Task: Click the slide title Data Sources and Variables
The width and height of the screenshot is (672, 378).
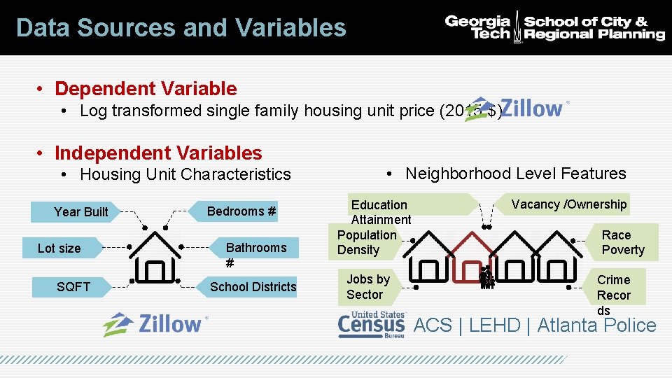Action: [x=181, y=28]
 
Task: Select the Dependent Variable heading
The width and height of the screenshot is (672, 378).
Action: [x=146, y=89]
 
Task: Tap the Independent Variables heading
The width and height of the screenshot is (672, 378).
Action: [x=158, y=153]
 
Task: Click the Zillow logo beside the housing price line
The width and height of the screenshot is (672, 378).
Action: [x=518, y=109]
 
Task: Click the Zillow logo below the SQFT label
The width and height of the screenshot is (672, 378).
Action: [x=155, y=324]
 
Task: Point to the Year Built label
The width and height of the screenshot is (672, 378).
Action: [x=81, y=212]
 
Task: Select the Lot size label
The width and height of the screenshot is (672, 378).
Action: [x=59, y=248]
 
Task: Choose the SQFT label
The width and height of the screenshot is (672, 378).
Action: [x=73, y=286]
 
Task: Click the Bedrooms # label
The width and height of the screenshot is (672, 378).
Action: [x=241, y=211]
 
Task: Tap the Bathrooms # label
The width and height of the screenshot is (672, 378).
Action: [x=255, y=254]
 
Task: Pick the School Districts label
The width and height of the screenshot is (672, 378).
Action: [x=253, y=287]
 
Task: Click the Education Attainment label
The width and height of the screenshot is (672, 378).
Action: [x=379, y=212]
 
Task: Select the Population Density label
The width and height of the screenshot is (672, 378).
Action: [x=366, y=242]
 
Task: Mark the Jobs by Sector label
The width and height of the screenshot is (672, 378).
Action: [x=367, y=287]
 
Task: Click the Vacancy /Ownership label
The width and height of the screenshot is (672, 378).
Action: [x=568, y=204]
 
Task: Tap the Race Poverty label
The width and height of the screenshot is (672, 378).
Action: [x=622, y=242]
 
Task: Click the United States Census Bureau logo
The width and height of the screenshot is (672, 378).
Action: [x=371, y=325]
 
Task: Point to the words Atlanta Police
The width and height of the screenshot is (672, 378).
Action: [x=596, y=325]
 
